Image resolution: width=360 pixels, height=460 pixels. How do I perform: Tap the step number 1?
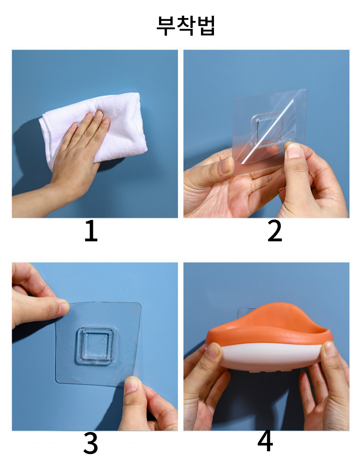pos(91,231)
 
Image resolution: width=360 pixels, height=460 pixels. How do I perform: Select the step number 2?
pos(275,231)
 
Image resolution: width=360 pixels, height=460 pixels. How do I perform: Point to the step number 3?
pos(91,443)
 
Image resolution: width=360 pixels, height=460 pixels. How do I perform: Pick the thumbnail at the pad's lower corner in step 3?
pos(131,385)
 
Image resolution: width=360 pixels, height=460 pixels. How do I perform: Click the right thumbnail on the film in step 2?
pos(293,150)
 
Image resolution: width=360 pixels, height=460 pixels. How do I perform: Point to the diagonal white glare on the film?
pos(269,129)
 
